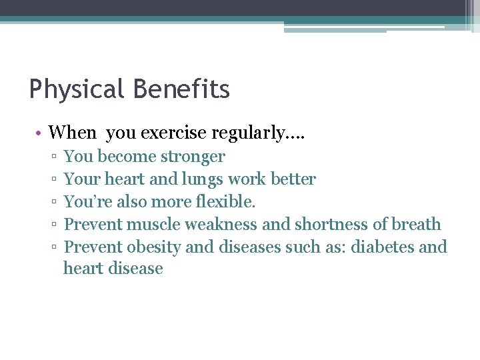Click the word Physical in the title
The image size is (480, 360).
75,89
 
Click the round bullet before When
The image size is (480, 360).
39,133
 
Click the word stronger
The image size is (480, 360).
193,157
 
